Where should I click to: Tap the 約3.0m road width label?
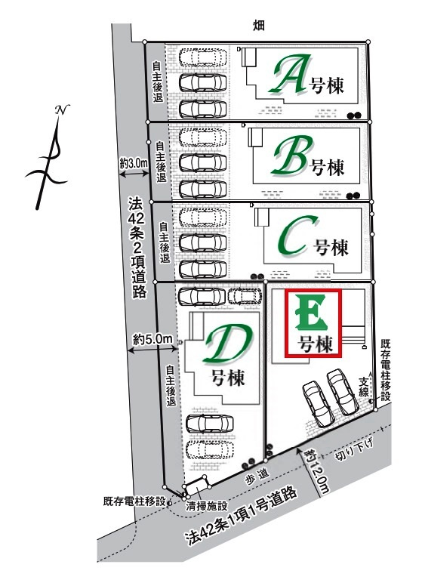[133, 164]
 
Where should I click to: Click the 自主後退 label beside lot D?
[171, 385]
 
